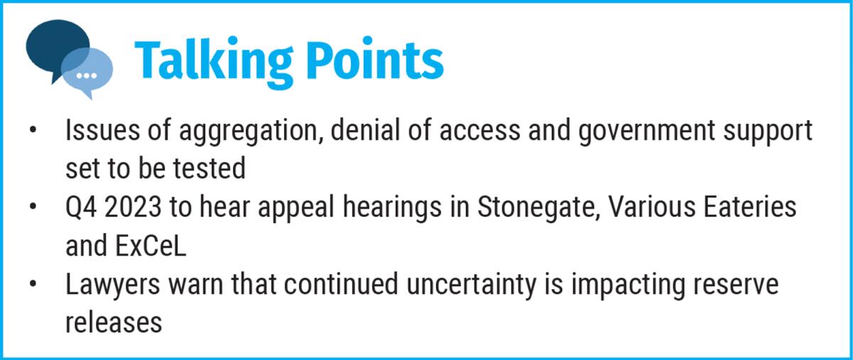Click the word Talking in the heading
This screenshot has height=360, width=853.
pyautogui.click(x=214, y=62)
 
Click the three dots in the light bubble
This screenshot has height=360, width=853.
pyautogui.click(x=87, y=76)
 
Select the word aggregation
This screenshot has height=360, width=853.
pyautogui.click(x=251, y=131)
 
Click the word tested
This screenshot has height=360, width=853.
pyautogui.click(x=209, y=168)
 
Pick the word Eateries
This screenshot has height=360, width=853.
pyautogui.click(x=749, y=207)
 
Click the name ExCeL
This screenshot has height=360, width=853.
pyautogui.click(x=151, y=246)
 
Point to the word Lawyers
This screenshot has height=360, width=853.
pyautogui.click(x=113, y=285)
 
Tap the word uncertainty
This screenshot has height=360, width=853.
pyautogui.click(x=472, y=285)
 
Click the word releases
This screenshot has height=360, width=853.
pyautogui.click(x=114, y=322)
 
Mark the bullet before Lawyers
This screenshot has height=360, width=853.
pyautogui.click(x=33, y=284)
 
